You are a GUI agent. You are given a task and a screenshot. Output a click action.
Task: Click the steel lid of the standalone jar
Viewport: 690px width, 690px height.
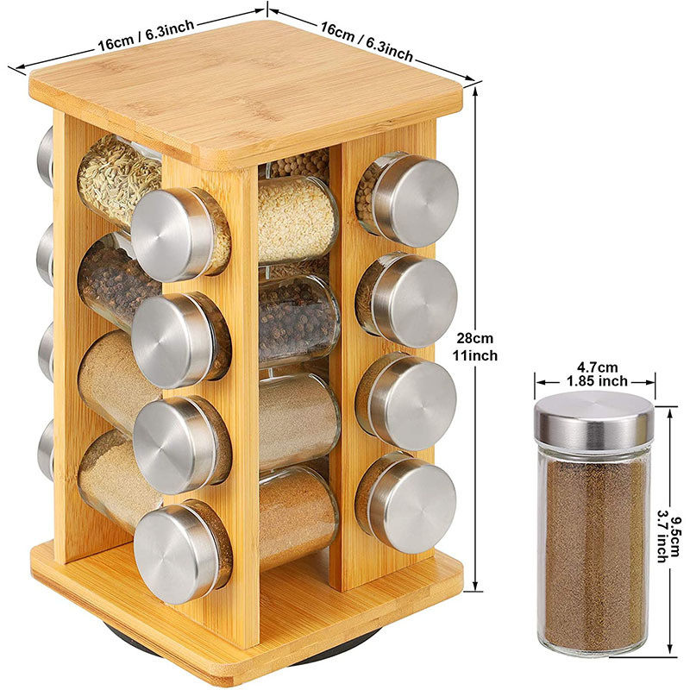click(x=593, y=418)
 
